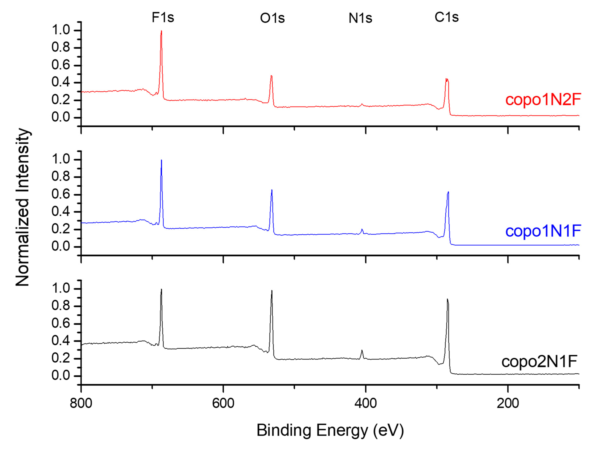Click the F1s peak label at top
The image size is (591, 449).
163,18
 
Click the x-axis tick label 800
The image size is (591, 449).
81,403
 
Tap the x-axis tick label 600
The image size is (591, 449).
223,403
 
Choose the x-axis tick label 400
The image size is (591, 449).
366,403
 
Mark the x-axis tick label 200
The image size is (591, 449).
508,403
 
